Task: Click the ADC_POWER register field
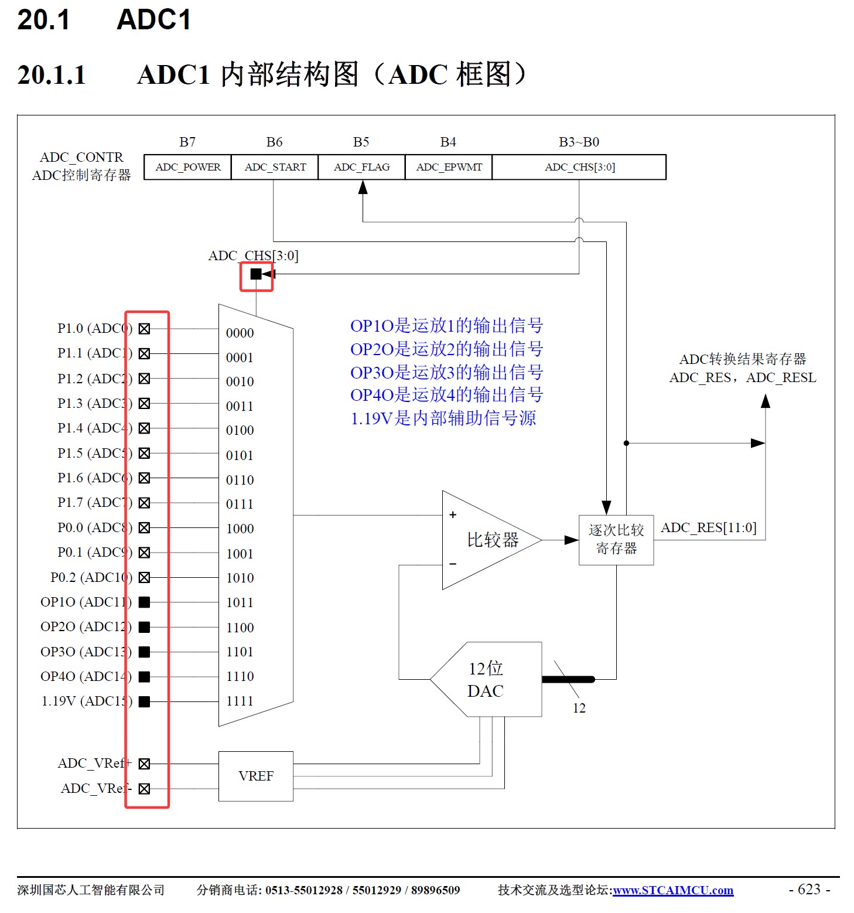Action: click(187, 167)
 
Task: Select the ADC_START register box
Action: click(275, 167)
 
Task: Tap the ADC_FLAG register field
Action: click(361, 167)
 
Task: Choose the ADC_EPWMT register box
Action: click(449, 167)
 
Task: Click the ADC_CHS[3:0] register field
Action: click(579, 167)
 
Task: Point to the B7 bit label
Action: click(187, 142)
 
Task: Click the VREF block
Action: click(256, 776)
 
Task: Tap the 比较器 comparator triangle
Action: click(486, 540)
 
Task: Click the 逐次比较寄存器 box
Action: click(616, 540)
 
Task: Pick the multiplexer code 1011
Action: click(240, 602)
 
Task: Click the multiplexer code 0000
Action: click(240, 333)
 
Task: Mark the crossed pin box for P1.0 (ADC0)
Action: click(145, 329)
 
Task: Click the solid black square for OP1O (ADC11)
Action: click(145, 602)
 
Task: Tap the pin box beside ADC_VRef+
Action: click(145, 764)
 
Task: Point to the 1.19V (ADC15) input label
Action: click(87, 701)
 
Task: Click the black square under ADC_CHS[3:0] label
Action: click(256, 274)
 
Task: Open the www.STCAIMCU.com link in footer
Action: click(673, 890)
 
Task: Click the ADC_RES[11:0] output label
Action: click(709, 527)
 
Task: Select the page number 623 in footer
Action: click(809, 889)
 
